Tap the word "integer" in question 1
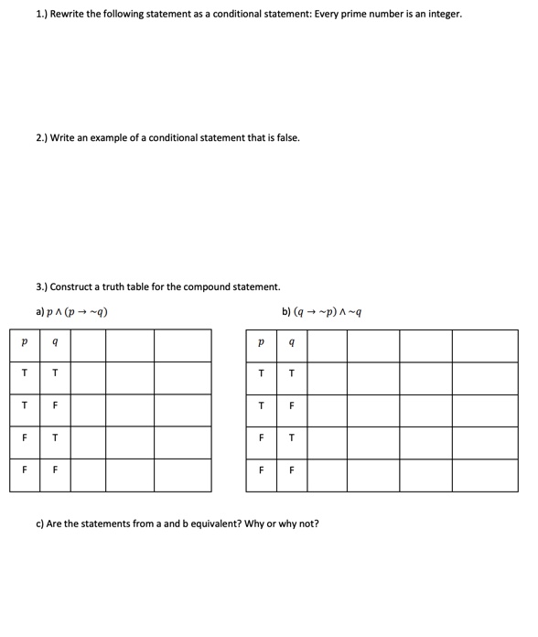441,15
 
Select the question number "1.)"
42,15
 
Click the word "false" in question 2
286,138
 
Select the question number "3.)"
42,286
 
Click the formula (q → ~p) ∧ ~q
328,311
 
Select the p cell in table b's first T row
262,373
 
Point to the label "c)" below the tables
40,524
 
